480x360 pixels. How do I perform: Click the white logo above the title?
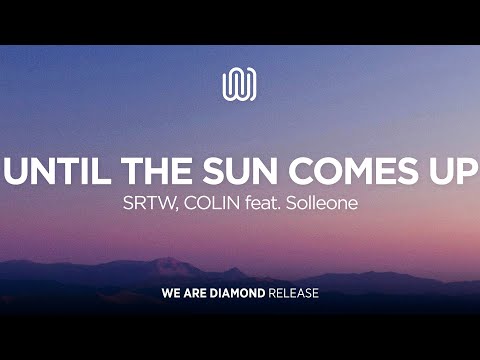pos(240,84)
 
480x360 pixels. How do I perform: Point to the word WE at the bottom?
pos(170,296)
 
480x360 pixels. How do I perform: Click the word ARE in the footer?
pos(195,296)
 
